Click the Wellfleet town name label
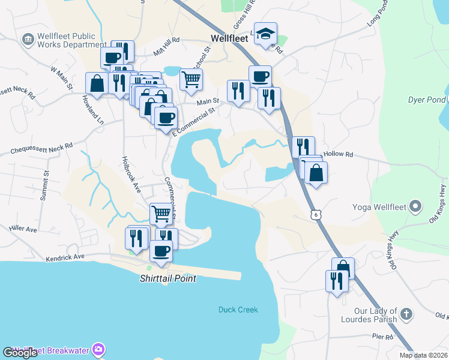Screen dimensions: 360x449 [x=229, y=38]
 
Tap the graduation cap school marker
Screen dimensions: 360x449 [x=264, y=34]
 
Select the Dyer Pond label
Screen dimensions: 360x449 [x=427, y=100]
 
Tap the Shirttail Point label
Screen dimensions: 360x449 [x=168, y=279]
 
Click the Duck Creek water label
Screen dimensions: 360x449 [x=238, y=310]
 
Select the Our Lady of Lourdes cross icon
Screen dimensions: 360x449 [x=406, y=314]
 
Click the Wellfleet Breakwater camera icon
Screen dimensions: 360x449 [x=98, y=350]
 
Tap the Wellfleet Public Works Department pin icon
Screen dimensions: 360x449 [x=27, y=40]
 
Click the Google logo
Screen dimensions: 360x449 [x=20, y=353]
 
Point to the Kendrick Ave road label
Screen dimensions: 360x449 [x=66, y=258]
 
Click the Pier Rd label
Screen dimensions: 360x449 [x=382, y=337]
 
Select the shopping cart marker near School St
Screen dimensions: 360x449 [x=191, y=78]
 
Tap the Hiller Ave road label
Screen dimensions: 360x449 [x=23, y=229]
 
